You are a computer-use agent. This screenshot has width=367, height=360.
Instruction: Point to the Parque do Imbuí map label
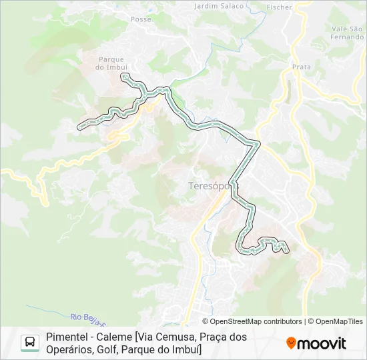point(111,63)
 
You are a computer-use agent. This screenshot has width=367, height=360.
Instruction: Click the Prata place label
point(302,67)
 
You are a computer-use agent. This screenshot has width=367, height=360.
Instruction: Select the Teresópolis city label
point(204,187)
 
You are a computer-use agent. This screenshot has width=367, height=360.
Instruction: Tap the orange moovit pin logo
point(291,343)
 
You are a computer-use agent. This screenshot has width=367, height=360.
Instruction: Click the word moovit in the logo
point(322,343)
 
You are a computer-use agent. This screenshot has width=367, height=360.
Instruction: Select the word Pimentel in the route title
point(67,337)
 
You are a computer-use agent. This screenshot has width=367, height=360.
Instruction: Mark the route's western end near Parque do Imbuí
point(79,126)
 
